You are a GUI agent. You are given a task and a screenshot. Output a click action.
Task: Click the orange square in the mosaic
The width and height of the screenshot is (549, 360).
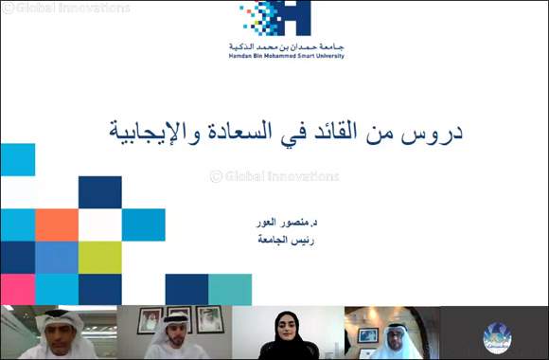pyautogui.click(x=56, y=225)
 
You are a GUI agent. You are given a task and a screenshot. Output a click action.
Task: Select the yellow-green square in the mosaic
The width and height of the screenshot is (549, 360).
pyautogui.click(x=99, y=257)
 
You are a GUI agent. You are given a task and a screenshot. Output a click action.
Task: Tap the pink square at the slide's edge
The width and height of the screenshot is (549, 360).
pyautogui.click(x=17, y=289)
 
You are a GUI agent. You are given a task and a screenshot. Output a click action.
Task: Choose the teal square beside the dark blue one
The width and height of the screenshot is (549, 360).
pyautogui.click(x=230, y=289)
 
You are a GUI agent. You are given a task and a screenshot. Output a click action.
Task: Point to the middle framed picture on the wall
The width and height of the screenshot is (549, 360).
pyautogui.click(x=177, y=319)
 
